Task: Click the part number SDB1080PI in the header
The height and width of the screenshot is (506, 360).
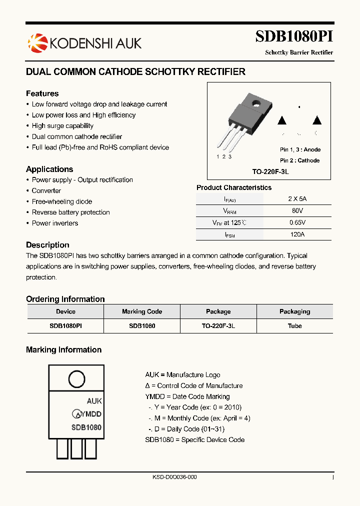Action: [x=294, y=37]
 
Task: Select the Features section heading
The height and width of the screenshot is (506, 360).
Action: [x=42, y=93]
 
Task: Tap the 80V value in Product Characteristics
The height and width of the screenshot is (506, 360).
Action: [x=297, y=211]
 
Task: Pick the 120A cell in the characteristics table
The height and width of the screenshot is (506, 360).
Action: [x=297, y=234]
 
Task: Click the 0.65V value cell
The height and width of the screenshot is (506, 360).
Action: [x=297, y=222]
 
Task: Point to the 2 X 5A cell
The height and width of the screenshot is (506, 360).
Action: [x=297, y=198]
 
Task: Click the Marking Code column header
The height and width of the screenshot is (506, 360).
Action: [x=142, y=311]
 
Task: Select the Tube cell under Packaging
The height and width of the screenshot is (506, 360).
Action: [x=294, y=325]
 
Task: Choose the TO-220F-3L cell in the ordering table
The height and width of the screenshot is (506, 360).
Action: [x=218, y=325]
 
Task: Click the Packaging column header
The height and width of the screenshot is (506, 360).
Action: [x=294, y=311]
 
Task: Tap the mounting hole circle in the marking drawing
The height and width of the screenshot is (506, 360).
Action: [x=76, y=379]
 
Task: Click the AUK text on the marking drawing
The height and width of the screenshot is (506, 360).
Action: [x=94, y=401]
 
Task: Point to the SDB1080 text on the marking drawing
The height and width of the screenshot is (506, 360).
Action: [x=86, y=427]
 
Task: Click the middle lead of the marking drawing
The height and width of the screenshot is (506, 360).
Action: [x=76, y=448]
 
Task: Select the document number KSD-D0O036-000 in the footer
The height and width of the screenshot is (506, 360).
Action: [x=174, y=477]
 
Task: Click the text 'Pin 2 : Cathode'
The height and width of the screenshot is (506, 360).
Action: [x=300, y=160]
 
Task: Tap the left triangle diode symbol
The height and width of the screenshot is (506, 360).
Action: [x=282, y=120]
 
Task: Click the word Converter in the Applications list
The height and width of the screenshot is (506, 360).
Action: [x=46, y=190]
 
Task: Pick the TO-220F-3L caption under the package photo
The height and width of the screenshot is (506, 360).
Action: [x=270, y=171]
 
